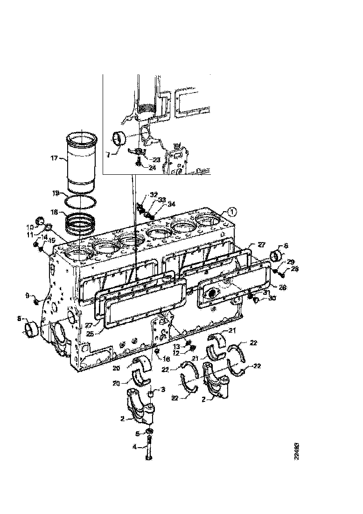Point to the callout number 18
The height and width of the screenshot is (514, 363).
tap(54, 212)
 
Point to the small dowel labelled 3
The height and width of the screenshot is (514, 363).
tap(151, 396)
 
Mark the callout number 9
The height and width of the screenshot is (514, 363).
tap(27, 295)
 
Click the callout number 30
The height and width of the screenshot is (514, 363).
tap(272, 298)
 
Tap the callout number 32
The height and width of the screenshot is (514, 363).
tap(154, 194)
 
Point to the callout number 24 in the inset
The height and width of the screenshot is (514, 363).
tap(152, 168)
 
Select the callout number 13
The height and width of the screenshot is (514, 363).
tap(177, 346)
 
